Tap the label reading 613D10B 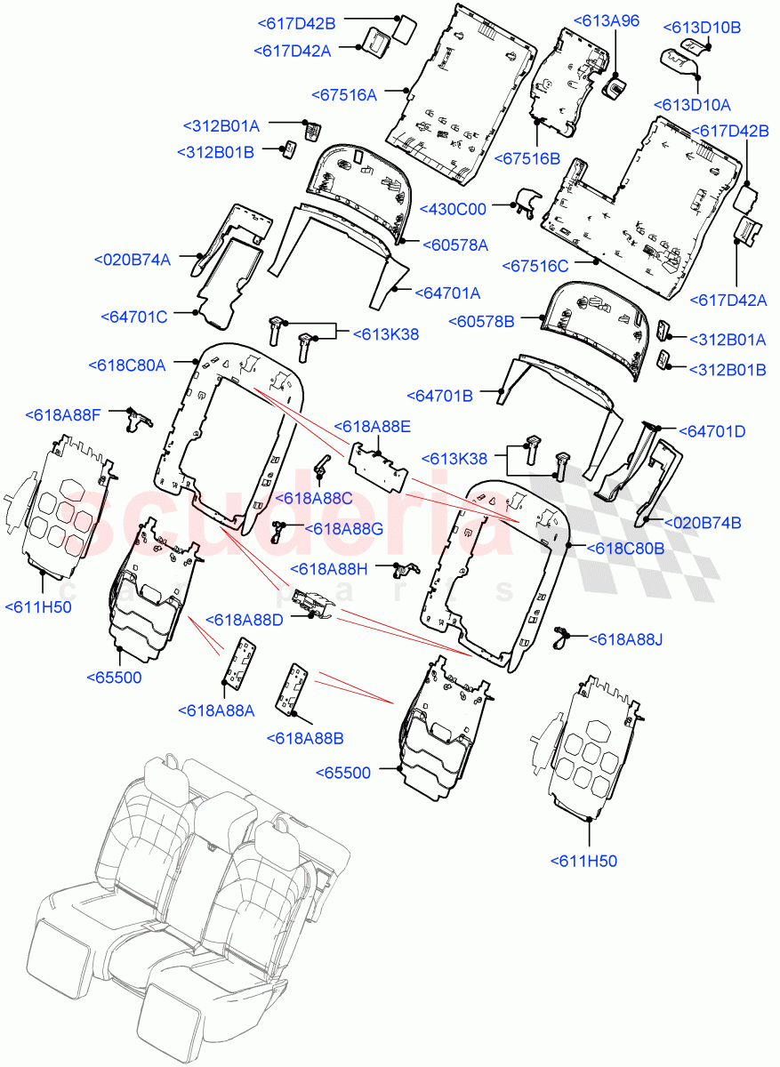click(702, 28)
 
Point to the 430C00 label click(454, 210)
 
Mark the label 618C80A click(127, 365)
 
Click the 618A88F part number click(63, 414)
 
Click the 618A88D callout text click(245, 619)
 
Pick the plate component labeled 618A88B click(294, 688)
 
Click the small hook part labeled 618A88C click(322, 463)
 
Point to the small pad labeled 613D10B click(691, 44)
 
